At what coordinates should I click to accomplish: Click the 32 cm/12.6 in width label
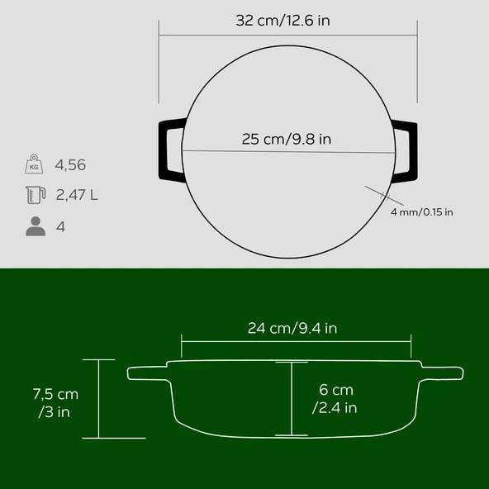[282, 21]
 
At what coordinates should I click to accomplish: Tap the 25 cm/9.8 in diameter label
[287, 139]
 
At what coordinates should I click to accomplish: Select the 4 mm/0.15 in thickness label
[421, 212]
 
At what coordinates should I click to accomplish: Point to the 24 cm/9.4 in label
[292, 328]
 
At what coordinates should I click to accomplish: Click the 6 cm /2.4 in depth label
[335, 399]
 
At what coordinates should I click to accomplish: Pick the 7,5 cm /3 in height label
[55, 403]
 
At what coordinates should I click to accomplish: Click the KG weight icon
[34, 164]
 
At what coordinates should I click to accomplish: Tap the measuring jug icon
[36, 195]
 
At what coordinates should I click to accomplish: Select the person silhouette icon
[36, 226]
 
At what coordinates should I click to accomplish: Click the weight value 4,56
[70, 165]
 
